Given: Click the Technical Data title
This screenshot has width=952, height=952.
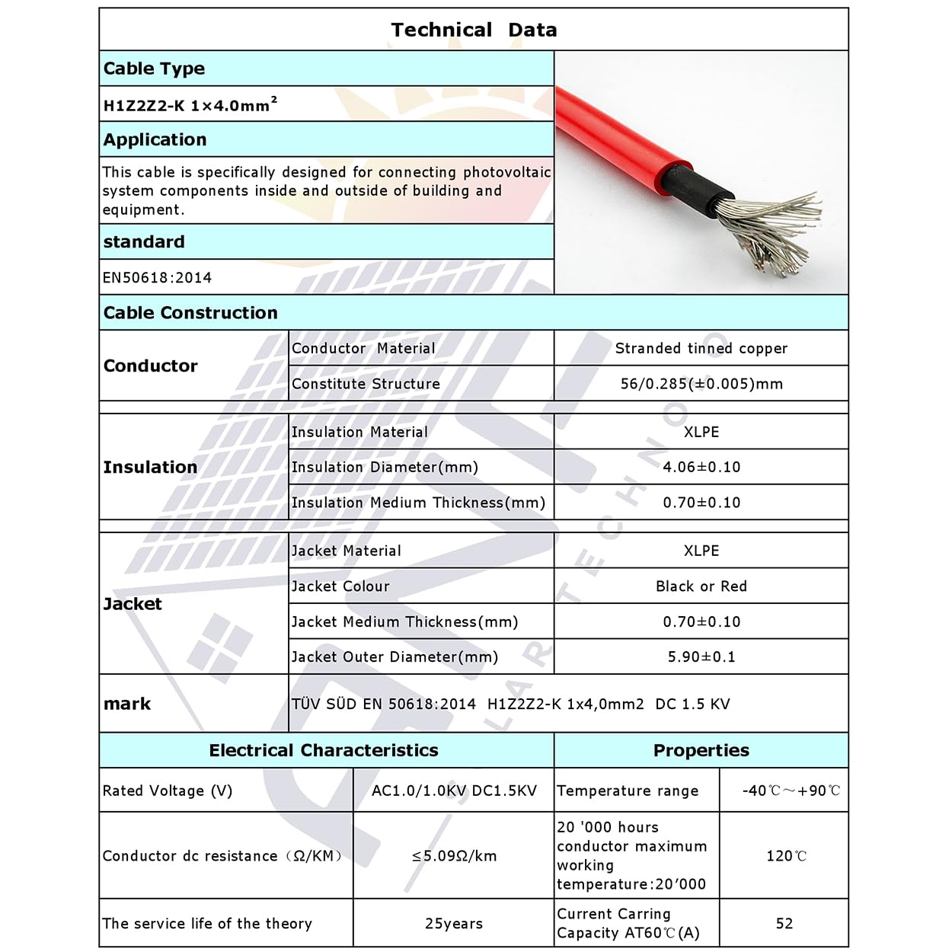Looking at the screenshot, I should click(x=474, y=30).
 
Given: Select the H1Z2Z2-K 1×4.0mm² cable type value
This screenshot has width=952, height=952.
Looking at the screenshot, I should click(x=190, y=104).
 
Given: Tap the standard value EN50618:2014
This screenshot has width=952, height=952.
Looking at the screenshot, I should click(x=158, y=278).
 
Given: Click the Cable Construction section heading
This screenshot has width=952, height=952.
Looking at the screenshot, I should click(x=190, y=313).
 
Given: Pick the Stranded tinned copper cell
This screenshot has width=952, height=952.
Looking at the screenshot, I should click(x=701, y=348).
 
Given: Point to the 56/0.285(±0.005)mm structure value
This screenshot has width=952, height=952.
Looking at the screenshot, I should click(x=701, y=384).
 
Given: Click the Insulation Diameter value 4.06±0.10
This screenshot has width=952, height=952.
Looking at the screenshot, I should click(x=701, y=467).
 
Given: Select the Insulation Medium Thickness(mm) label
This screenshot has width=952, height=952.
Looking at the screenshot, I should click(x=418, y=503).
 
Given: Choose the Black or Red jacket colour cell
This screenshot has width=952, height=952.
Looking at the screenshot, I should click(x=701, y=586).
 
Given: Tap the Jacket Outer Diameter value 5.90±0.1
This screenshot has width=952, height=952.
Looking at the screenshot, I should click(x=701, y=656).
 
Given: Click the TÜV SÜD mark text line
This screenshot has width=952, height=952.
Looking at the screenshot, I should click(x=510, y=704).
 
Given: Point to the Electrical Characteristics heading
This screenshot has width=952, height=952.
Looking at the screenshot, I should click(x=324, y=750).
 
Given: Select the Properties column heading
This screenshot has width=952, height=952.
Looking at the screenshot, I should click(x=701, y=750).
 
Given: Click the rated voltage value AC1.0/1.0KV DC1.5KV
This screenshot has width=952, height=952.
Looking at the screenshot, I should click(x=454, y=791).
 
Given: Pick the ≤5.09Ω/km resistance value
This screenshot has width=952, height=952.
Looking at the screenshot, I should click(x=454, y=856).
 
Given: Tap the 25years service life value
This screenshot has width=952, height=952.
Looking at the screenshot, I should click(x=454, y=924).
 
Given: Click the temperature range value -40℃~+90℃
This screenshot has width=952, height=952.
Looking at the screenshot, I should click(x=791, y=791).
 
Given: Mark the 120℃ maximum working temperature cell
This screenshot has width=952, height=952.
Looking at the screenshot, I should click(x=786, y=856).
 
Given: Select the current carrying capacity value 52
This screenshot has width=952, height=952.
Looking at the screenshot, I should click(x=784, y=924).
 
